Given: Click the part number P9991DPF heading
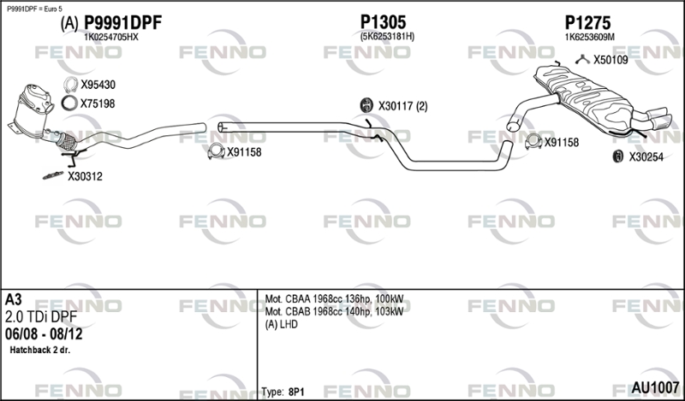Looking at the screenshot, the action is (122, 23).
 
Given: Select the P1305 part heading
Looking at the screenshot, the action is (383, 22).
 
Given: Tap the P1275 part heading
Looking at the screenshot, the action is (587, 23).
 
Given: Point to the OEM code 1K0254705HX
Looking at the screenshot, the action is (111, 38).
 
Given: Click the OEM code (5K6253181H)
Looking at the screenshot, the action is (387, 37).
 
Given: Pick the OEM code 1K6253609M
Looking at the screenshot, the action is (589, 38).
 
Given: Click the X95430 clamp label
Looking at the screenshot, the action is (98, 85).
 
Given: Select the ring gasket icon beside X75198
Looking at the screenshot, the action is (69, 103).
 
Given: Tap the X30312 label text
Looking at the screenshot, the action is (85, 177).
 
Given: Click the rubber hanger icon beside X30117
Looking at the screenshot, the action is (366, 105).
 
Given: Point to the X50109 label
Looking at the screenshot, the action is (611, 60).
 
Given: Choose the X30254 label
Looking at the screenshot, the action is (646, 157).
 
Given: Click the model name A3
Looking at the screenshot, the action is (13, 300).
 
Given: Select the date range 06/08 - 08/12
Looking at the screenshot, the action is (44, 334).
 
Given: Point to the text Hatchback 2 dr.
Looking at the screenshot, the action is (39, 350).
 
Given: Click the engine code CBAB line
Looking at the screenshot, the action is (334, 312).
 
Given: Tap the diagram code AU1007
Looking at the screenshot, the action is (655, 387).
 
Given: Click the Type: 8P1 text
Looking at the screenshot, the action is (283, 392).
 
